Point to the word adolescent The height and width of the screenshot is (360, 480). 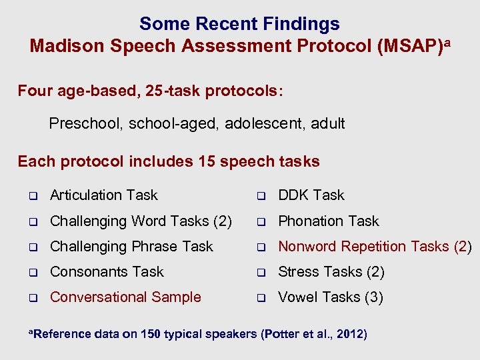tap(265, 123)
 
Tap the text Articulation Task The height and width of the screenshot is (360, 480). tap(103, 195)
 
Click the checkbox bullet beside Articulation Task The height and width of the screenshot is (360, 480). tap(31, 196)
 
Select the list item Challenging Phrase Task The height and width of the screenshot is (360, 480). tap(131, 247)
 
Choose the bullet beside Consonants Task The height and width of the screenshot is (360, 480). tap(31, 273)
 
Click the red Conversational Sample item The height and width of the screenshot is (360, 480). tap(125, 297)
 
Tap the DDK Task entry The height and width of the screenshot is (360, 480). tap(311, 195)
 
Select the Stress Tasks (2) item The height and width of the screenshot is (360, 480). tap(331, 272)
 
